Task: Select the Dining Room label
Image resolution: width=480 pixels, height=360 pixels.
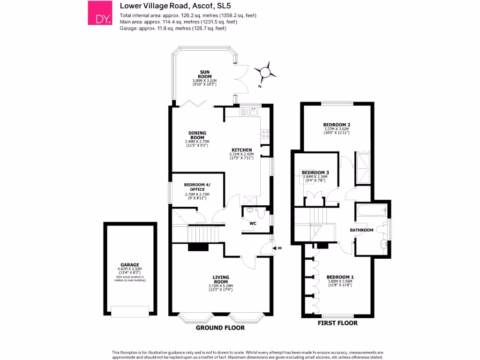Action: pyautogui.click(x=197, y=135)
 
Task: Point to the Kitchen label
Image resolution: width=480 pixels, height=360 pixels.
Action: pyautogui.click(x=241, y=150)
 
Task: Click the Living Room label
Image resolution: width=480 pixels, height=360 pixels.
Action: pyautogui.click(x=220, y=279)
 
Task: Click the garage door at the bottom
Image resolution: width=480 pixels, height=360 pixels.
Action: pyautogui.click(x=130, y=310)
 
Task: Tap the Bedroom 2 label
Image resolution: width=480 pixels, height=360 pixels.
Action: pyautogui.click(x=337, y=125)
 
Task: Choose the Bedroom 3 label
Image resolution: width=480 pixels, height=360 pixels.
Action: pyautogui.click(x=315, y=172)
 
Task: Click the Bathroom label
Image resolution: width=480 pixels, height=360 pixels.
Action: pyautogui.click(x=362, y=230)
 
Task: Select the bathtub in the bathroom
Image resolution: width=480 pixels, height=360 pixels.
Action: pyautogui.click(x=371, y=211)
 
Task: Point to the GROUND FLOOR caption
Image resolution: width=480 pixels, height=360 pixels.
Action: pyautogui.click(x=220, y=328)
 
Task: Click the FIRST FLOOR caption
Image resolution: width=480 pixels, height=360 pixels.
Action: pyautogui.click(x=337, y=323)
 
